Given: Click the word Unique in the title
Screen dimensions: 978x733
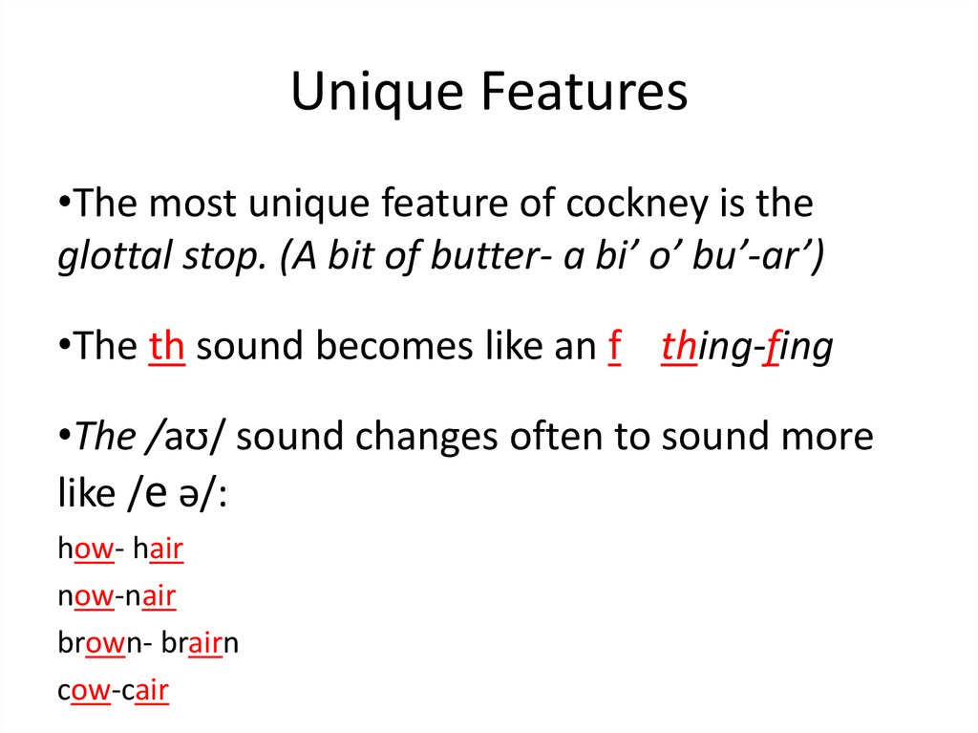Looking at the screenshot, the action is point(376,93).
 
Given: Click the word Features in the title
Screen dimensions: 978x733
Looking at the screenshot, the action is point(584,91).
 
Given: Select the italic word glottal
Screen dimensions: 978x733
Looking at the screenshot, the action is point(115,257).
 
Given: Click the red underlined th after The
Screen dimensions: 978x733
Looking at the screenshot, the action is point(166,346).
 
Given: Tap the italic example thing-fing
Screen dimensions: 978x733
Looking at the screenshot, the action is point(747,348).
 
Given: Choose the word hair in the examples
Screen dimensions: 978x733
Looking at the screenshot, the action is point(159,550).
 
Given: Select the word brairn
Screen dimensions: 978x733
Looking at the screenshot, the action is point(200,642).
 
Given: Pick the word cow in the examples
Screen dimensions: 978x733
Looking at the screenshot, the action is point(84,691).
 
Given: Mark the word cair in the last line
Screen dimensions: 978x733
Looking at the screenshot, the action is point(145,691).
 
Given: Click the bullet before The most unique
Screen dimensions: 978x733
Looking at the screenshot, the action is point(64,203).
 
